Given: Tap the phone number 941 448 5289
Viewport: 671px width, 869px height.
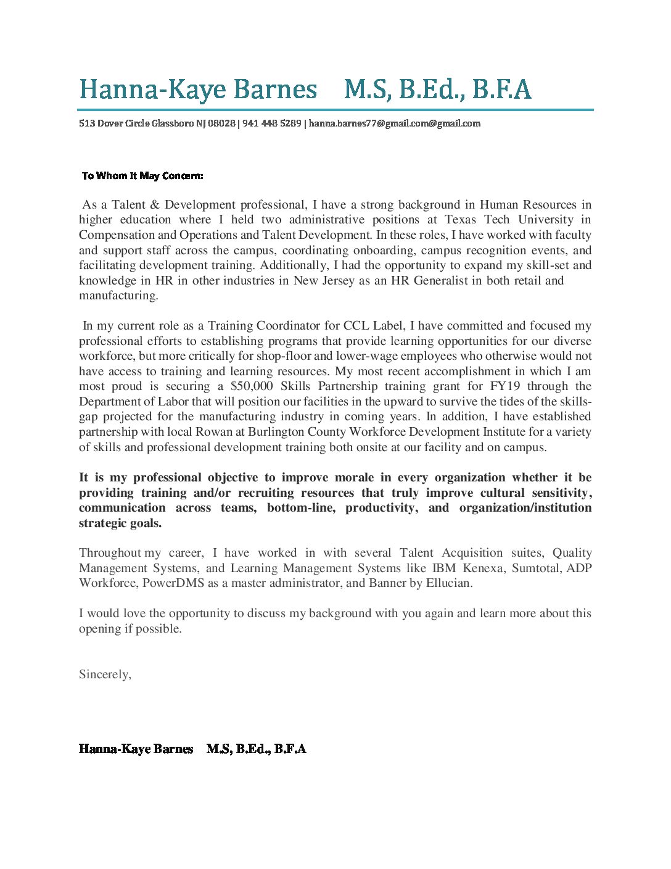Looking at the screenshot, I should (271, 123).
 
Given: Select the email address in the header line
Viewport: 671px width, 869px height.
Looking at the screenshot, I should (394, 123).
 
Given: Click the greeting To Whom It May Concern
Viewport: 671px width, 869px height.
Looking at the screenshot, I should (142, 176).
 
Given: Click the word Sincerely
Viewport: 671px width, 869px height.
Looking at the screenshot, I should (105, 675).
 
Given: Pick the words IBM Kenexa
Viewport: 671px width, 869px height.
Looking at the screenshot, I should (467, 568).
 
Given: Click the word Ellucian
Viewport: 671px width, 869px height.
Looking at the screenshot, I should (449, 583).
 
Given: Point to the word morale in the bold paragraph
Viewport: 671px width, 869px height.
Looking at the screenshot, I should (354, 478).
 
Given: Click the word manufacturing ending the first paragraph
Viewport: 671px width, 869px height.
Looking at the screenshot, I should (118, 296).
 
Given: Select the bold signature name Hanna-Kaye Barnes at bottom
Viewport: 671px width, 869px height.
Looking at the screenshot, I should (136, 749).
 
